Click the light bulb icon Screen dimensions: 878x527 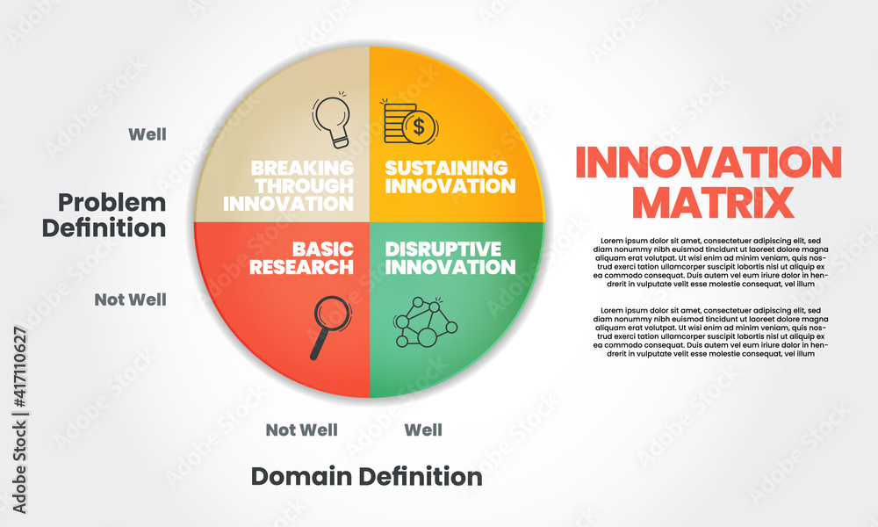click(x=332, y=119)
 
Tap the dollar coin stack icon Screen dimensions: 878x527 click(x=410, y=121)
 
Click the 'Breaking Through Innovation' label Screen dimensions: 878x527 click(x=288, y=186)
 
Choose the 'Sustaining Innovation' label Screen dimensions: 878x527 click(x=450, y=177)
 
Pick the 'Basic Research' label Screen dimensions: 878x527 click(x=301, y=258)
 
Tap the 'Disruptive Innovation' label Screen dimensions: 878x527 click(x=450, y=258)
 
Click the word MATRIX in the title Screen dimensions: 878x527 click(x=713, y=202)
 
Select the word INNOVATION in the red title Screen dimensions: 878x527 click(x=709, y=162)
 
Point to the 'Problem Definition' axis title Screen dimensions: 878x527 click(x=104, y=215)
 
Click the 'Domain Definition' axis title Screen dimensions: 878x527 click(x=367, y=477)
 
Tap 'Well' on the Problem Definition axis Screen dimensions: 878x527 click(x=148, y=134)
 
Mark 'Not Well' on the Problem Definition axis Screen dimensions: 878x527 click(x=131, y=300)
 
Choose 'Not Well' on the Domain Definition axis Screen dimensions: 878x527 click(x=302, y=430)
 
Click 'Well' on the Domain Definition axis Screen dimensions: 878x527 click(x=423, y=430)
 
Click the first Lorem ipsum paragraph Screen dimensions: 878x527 click(x=710, y=263)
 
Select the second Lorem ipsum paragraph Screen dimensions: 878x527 click(x=710, y=332)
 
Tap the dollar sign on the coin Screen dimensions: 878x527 click(x=419, y=126)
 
